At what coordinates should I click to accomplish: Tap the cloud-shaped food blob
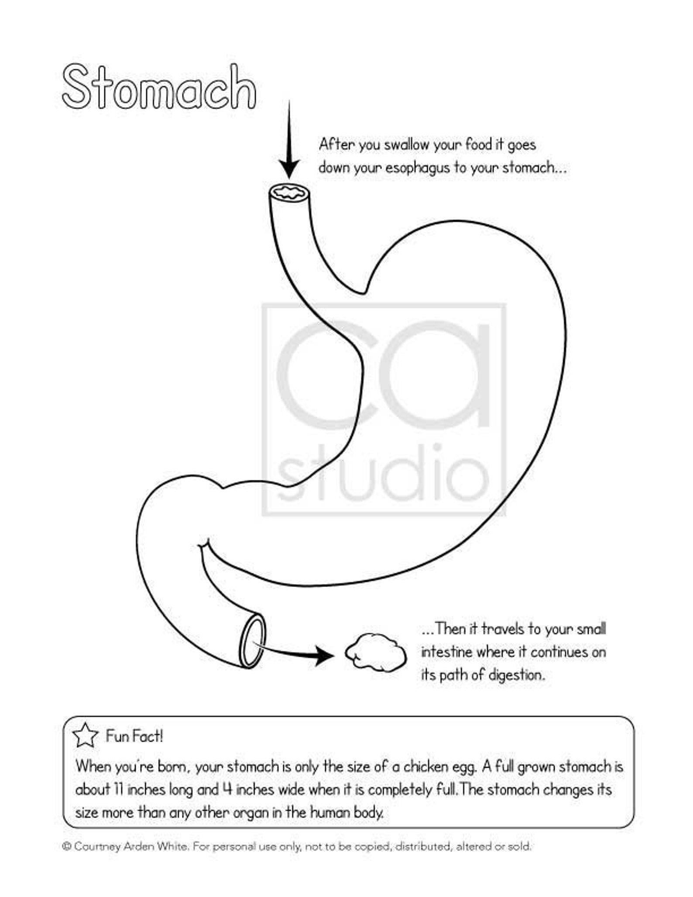[x=375, y=652]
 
